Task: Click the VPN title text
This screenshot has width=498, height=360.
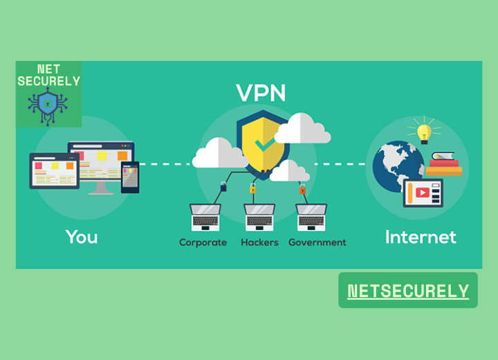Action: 261,92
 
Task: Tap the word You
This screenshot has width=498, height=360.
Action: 82,237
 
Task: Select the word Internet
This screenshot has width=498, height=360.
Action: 421,237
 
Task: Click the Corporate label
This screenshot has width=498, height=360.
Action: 203,242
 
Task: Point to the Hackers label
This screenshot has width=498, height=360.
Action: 259,242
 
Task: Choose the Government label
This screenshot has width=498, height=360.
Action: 317,242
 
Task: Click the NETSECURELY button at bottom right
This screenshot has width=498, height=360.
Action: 408,291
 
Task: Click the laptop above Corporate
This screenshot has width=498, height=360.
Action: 205,217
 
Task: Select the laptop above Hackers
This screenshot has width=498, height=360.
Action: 259,217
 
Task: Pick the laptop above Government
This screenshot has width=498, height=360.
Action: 311,217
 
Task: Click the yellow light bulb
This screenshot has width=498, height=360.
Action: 423,132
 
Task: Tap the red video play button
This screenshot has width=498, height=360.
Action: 422,192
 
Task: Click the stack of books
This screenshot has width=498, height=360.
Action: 444,165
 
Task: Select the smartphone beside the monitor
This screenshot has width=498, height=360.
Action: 130,177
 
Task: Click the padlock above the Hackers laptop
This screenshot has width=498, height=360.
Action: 252,188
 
